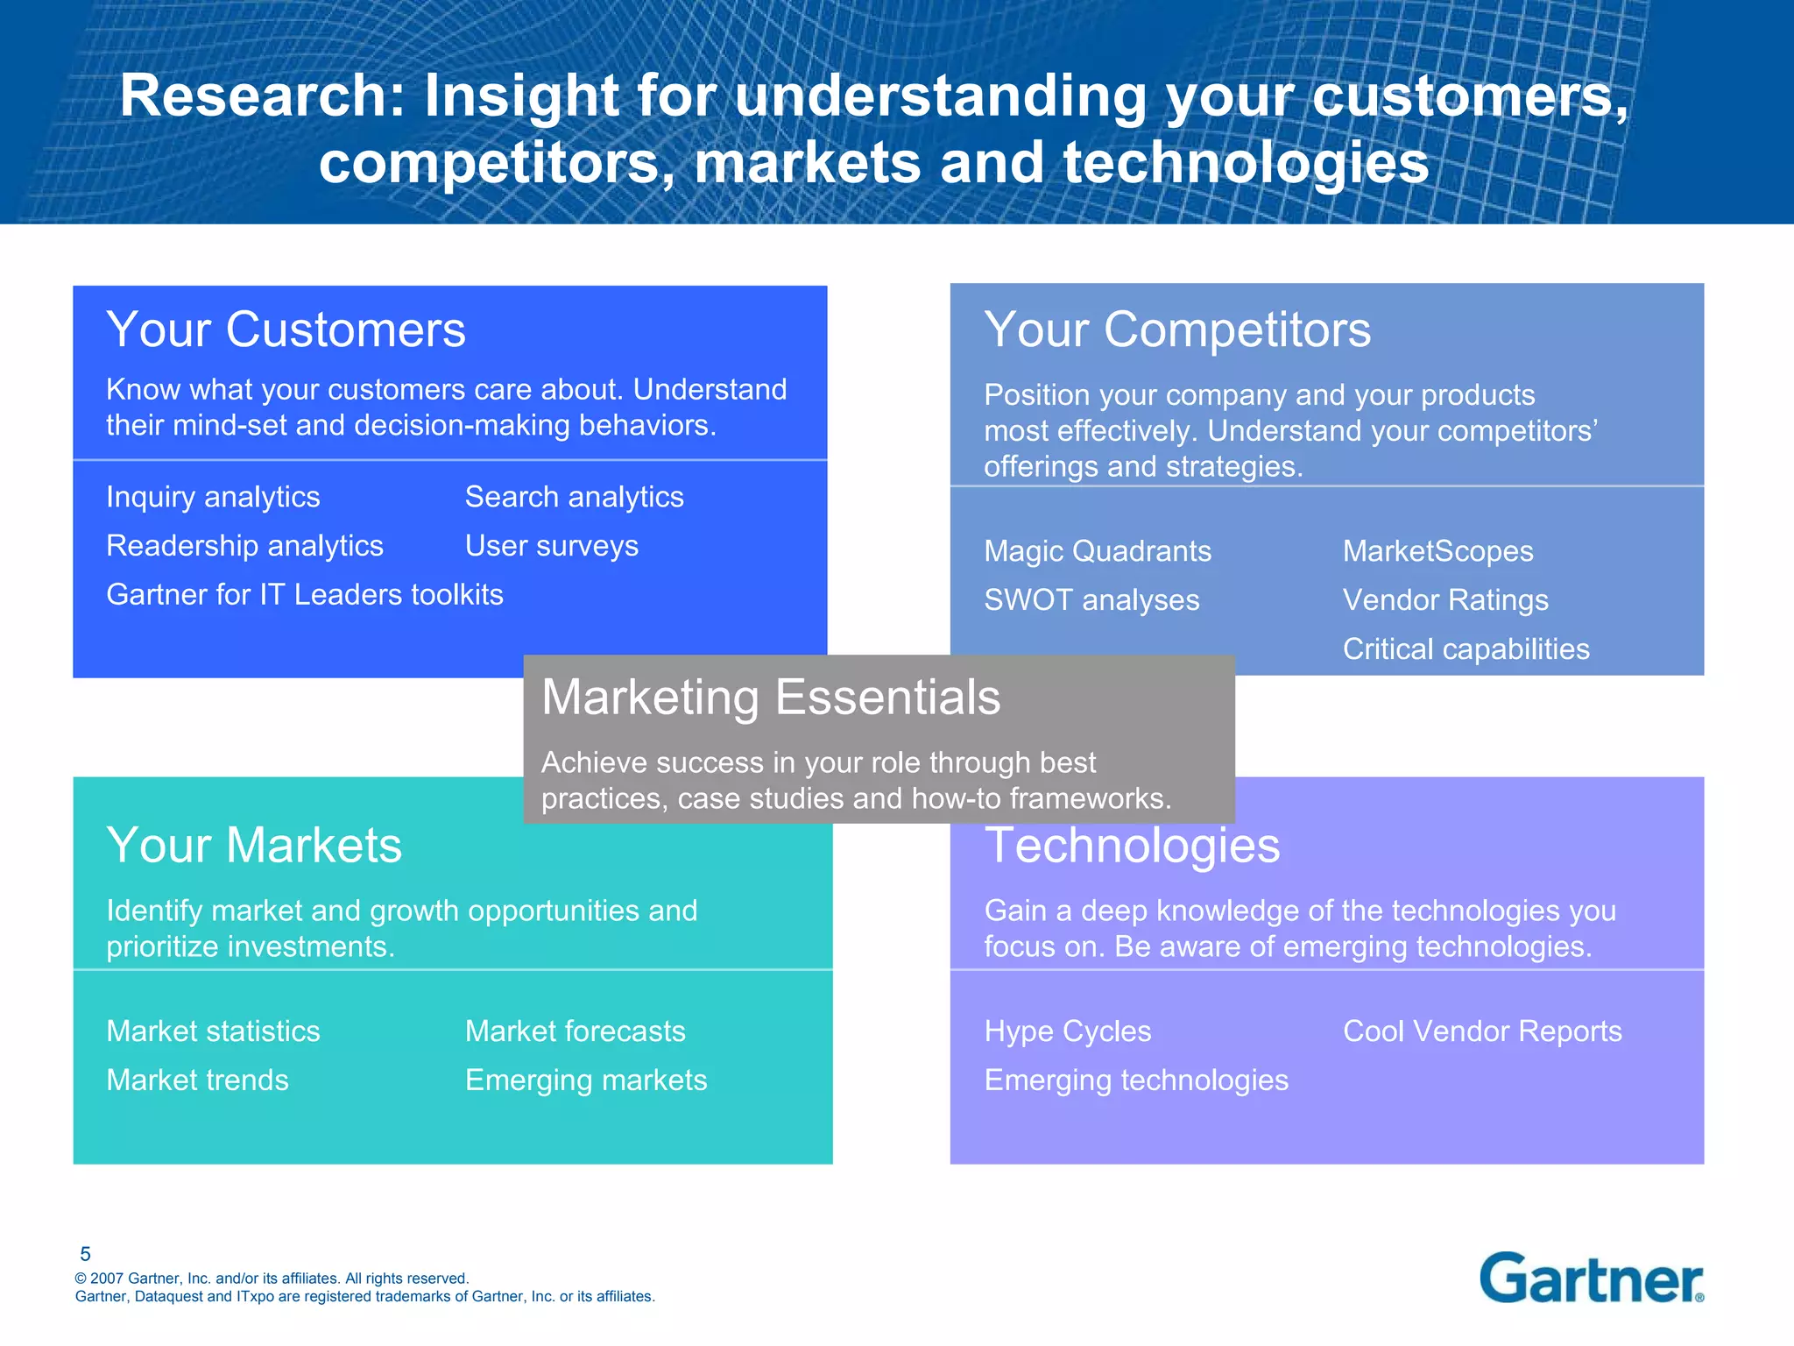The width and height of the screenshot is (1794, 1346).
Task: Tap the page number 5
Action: coord(85,1254)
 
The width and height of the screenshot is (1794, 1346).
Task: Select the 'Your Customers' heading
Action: coord(286,329)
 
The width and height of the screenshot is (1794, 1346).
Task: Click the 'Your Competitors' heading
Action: coord(1177,329)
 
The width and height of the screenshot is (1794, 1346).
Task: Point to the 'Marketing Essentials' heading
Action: coord(771,698)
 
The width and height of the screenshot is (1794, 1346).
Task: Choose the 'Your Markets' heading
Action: coord(254,846)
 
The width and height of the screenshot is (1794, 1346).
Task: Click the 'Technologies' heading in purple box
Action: coord(1132,846)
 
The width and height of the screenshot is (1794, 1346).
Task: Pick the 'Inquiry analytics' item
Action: coord(213,497)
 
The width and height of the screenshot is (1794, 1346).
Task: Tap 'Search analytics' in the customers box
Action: coord(574,497)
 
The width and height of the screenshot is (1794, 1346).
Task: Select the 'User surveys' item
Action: coord(551,546)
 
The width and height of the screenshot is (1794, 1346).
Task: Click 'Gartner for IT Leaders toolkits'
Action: coord(305,595)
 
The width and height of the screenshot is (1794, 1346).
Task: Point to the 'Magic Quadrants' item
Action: coord(1098,551)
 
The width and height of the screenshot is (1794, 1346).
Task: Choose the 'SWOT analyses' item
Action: coord(1091,600)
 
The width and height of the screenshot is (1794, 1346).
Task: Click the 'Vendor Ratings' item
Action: coord(1445,600)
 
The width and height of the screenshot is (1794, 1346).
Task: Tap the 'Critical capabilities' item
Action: coord(1466,649)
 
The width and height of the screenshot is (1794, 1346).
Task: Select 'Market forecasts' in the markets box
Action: coord(575,1031)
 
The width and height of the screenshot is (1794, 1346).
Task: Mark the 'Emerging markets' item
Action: coord(585,1080)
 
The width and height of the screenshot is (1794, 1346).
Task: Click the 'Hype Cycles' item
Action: coord(1067,1031)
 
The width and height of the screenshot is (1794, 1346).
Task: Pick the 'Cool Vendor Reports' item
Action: coord(1482,1031)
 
